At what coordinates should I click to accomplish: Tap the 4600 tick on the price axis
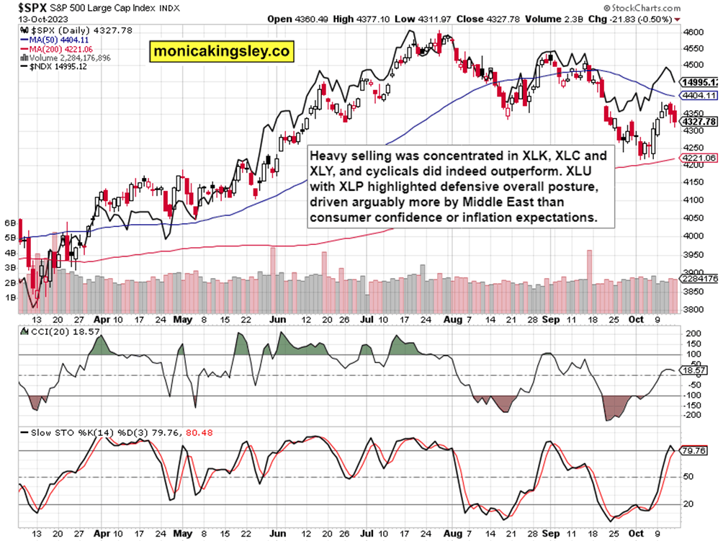[693, 32]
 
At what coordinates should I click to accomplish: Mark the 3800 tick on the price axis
[693, 310]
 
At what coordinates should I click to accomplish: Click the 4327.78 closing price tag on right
[698, 122]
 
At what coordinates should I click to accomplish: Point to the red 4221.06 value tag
[698, 158]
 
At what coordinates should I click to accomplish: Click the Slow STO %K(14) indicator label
[65, 433]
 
